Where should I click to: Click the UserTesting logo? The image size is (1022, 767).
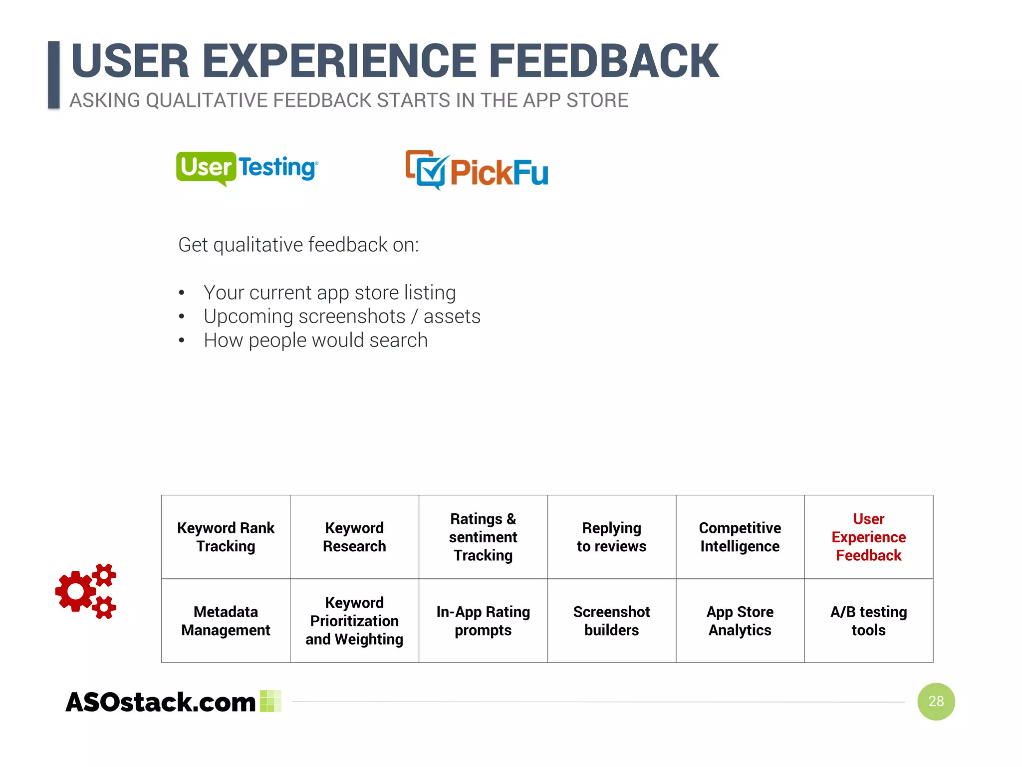click(247, 168)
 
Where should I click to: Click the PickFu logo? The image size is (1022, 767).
click(477, 170)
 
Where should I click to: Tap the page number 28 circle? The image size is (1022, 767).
click(936, 701)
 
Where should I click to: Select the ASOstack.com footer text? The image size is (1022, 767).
click(161, 702)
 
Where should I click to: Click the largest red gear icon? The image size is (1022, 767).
click(76, 591)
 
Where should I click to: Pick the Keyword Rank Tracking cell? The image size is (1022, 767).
click(226, 537)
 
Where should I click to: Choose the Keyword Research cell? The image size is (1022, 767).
click(354, 537)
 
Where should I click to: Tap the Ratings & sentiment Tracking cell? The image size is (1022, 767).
click(483, 537)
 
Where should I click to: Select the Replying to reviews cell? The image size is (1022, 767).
click(611, 537)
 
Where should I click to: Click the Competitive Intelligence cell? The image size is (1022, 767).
click(740, 537)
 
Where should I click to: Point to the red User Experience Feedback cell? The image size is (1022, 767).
click(868, 537)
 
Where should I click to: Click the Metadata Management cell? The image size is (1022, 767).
click(226, 621)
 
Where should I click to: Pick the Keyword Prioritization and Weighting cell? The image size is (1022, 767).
click(354, 621)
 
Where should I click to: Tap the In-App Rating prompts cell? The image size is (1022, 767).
click(483, 621)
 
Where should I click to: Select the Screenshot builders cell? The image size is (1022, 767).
click(611, 621)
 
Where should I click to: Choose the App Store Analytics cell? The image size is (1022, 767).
click(740, 621)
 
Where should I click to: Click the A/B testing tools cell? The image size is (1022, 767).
click(868, 621)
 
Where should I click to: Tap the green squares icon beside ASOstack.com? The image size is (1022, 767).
click(271, 701)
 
